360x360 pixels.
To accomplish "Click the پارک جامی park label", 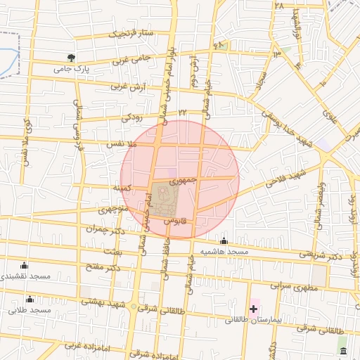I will (x=72, y=70).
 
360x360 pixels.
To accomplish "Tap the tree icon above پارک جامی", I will (x=70, y=58).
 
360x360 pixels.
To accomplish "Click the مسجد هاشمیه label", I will (x=224, y=252).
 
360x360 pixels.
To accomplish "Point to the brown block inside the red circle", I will (x=162, y=200).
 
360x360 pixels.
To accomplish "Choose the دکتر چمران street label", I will (x=105, y=229).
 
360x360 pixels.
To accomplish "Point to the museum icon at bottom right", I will (x=342, y=351).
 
